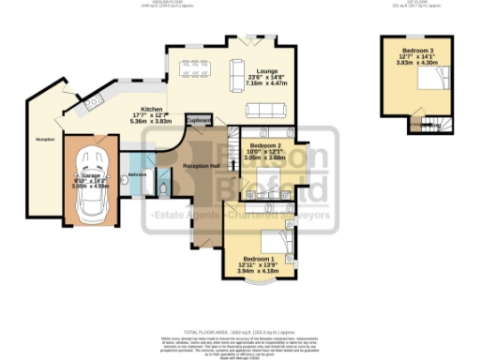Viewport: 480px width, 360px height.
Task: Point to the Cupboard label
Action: click(x=199, y=121)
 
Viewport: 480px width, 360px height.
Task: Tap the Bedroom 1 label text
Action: click(x=259, y=258)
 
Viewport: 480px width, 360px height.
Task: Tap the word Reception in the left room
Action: click(x=45, y=140)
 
